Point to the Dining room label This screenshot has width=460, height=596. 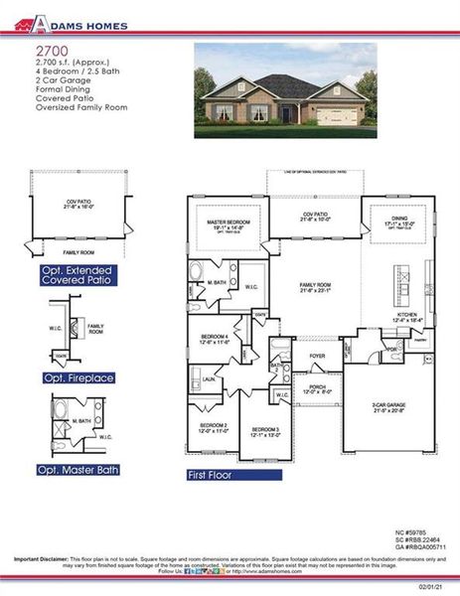coord(399,221)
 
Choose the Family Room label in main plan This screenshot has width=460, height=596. coord(316,287)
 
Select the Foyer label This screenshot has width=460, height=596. coord(318,355)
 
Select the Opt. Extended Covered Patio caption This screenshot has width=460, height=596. coord(77,275)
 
